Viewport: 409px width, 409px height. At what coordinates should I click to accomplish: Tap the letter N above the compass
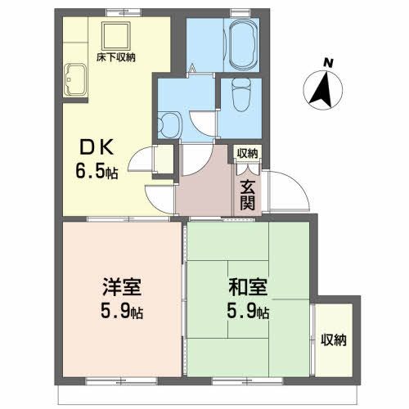[327, 62]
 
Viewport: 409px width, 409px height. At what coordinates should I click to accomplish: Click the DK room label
[99, 150]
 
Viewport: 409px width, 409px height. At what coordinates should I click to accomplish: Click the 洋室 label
[124, 290]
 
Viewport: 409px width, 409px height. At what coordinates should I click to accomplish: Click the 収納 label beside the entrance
[247, 153]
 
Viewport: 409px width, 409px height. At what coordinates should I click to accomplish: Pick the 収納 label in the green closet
[332, 339]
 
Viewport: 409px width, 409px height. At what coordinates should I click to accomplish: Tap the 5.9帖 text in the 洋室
[124, 312]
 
